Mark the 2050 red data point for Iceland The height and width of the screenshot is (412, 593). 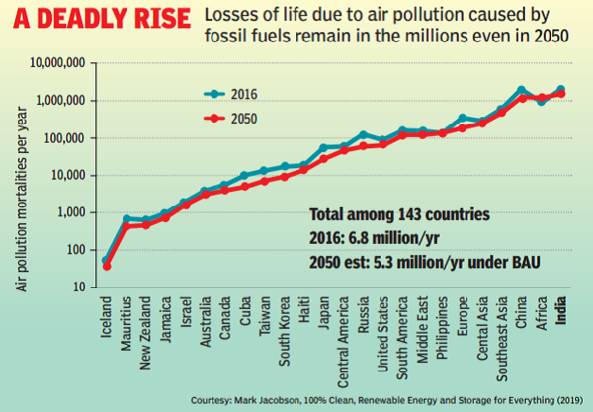(107, 266)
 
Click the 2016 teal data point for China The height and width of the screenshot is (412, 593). (522, 90)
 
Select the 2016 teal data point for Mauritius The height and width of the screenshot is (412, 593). (127, 218)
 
